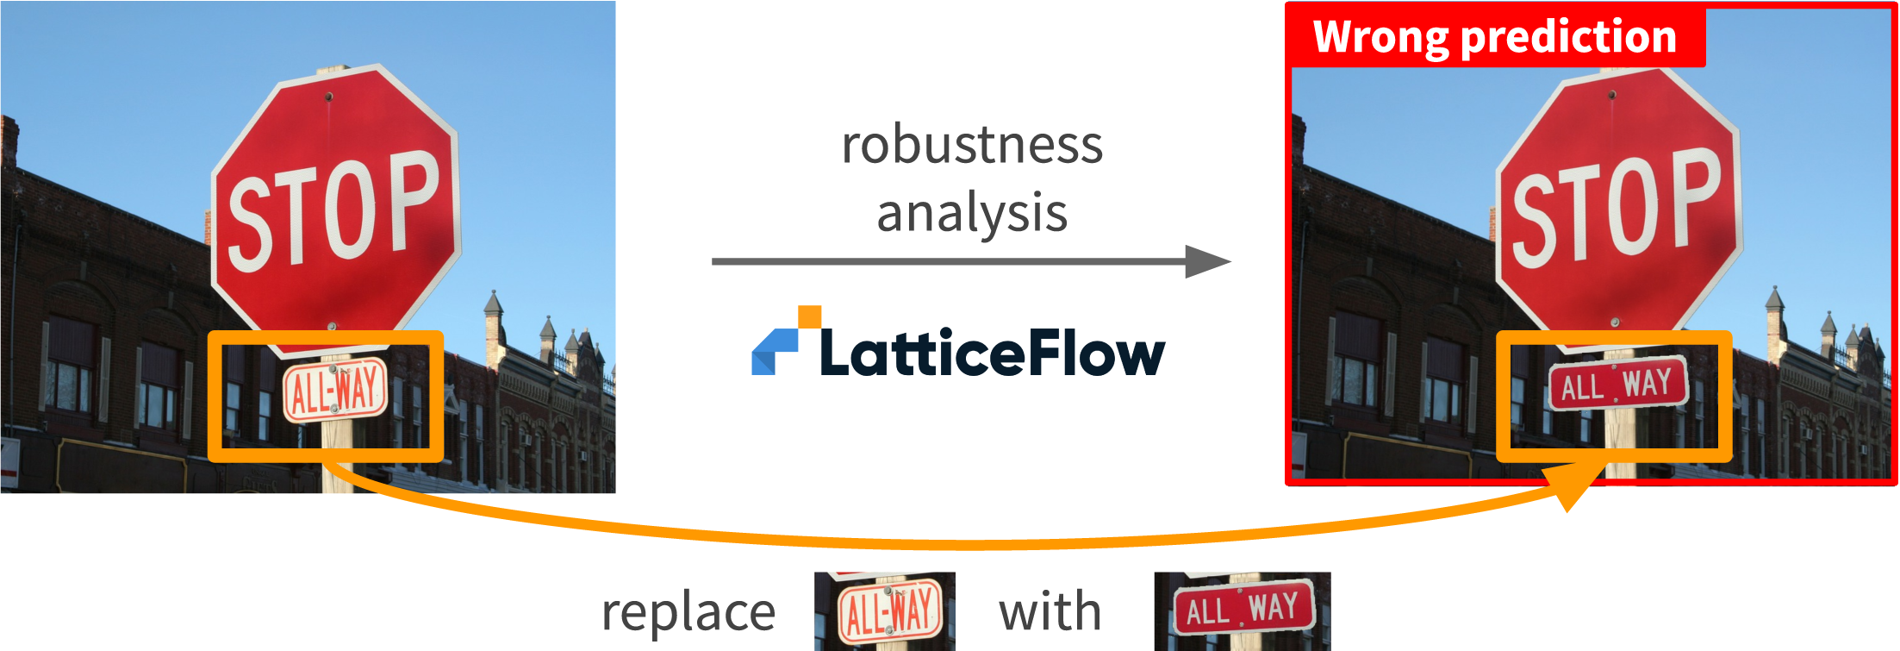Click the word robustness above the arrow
tap(972, 145)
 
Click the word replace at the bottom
tap(688, 613)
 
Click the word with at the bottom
tap(1050, 612)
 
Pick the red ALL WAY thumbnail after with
tap(1243, 611)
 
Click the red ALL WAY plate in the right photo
tap(1617, 385)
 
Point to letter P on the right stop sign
tap(1693, 197)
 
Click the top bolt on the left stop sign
tap(328, 97)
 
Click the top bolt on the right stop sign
tap(1612, 95)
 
